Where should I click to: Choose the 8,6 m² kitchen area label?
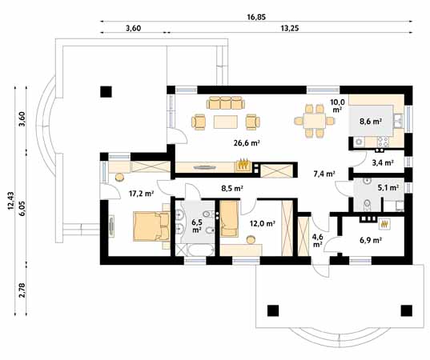[370, 122]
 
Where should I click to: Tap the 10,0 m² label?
[337, 106]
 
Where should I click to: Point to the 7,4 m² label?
[324, 173]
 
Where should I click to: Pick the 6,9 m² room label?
[370, 239]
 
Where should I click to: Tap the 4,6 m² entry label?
[317, 240]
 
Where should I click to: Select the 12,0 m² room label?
[263, 224]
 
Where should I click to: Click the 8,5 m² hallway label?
[232, 190]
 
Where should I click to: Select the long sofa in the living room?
[226, 102]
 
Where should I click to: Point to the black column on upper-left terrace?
[104, 91]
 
